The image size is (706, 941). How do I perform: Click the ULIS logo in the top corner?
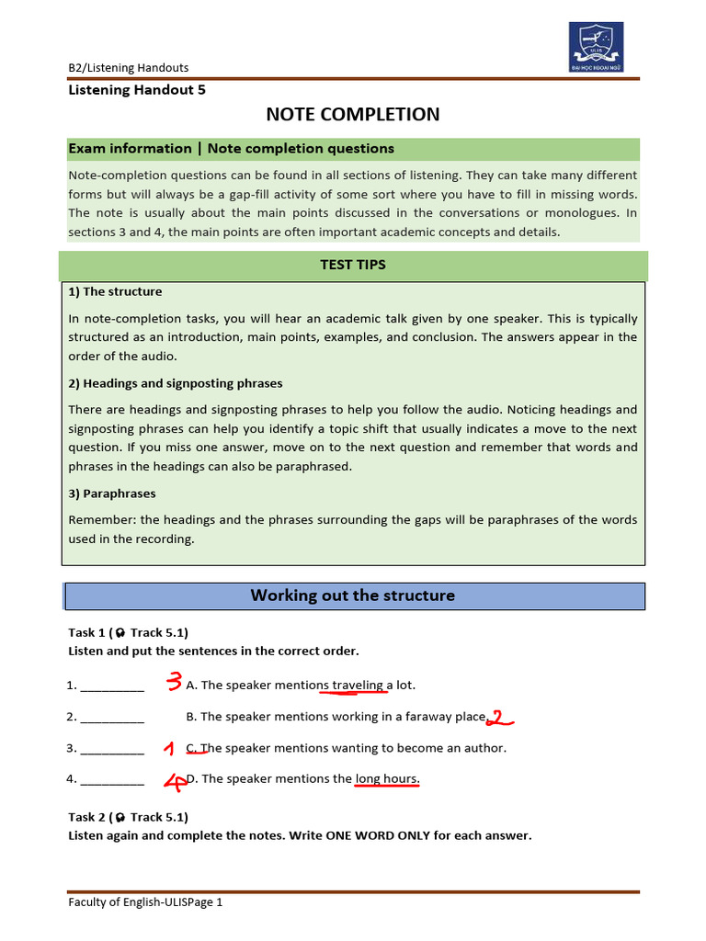[596, 47]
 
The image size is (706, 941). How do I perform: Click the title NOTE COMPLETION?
[353, 114]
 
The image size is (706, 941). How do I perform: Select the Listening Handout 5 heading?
[137, 90]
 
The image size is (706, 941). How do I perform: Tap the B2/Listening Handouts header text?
[129, 67]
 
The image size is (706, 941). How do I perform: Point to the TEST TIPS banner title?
[353, 265]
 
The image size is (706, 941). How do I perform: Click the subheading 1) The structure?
[115, 291]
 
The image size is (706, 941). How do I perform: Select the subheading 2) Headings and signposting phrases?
[176, 383]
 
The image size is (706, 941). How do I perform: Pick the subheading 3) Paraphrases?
[112, 493]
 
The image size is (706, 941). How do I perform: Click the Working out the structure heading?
[353, 595]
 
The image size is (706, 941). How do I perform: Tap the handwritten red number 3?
[174, 681]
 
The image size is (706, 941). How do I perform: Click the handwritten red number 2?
[496, 718]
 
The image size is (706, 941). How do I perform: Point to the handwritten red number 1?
[168, 749]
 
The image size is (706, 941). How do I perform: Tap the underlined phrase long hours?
[387, 779]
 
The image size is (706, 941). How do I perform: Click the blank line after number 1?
[112, 686]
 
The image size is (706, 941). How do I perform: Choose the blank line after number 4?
[112, 780]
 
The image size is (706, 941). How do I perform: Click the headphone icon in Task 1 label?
[120, 633]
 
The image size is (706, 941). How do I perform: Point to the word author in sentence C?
[485, 748]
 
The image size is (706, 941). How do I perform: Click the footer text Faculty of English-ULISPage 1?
[145, 902]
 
